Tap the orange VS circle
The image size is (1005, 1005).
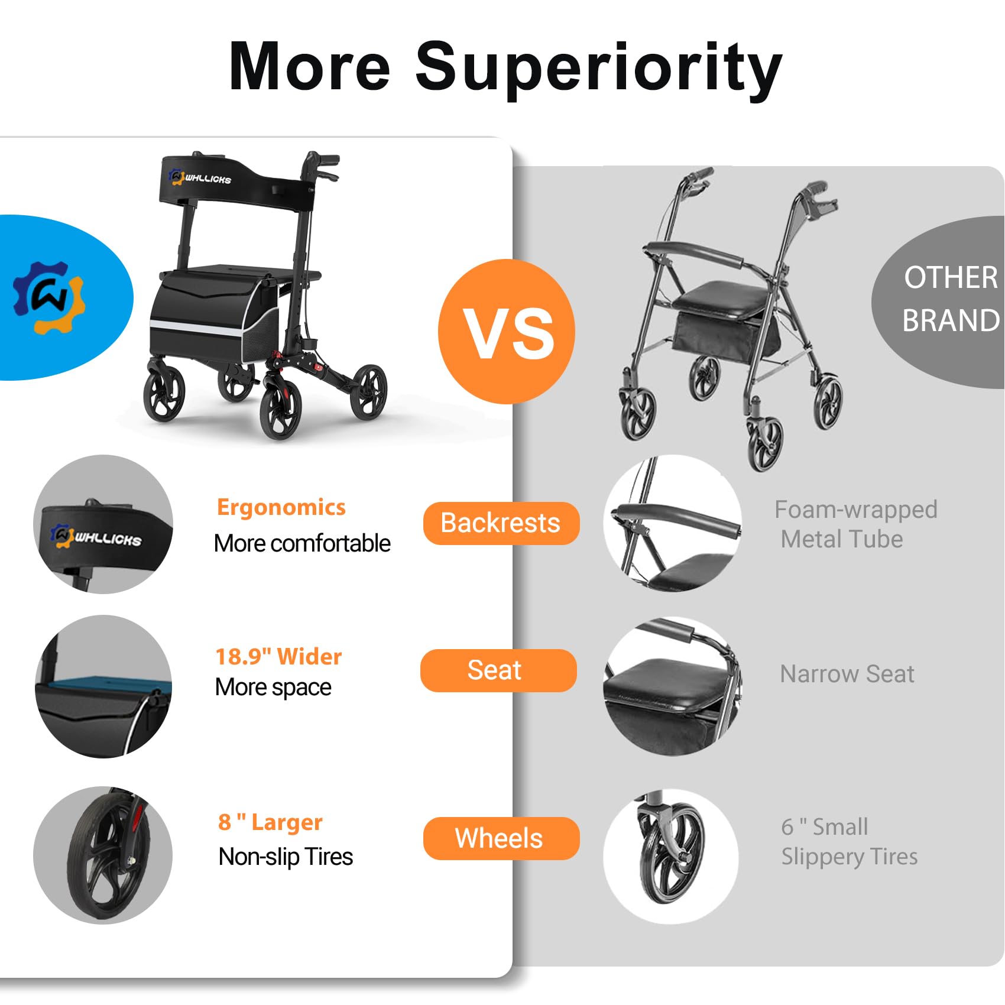[x=507, y=332]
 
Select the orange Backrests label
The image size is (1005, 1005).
[x=501, y=523]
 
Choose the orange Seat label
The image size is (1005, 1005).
[x=498, y=670]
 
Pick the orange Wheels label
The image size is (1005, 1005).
[x=501, y=838]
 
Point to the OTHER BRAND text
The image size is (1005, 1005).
[x=951, y=299]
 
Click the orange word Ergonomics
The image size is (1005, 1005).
[x=281, y=507]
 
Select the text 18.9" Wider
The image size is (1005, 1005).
[x=278, y=657]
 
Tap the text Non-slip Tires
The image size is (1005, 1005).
[x=286, y=857]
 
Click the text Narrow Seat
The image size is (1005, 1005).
[x=847, y=674]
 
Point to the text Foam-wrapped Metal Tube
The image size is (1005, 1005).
[x=856, y=524]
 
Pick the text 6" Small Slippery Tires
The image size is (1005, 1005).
[x=850, y=842]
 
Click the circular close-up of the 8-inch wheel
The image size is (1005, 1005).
[x=103, y=855]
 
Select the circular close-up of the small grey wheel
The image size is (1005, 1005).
[x=671, y=856]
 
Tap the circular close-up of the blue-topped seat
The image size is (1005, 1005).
[x=103, y=686]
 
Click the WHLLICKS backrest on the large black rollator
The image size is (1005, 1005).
[x=234, y=183]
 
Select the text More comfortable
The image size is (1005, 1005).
[x=302, y=543]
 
